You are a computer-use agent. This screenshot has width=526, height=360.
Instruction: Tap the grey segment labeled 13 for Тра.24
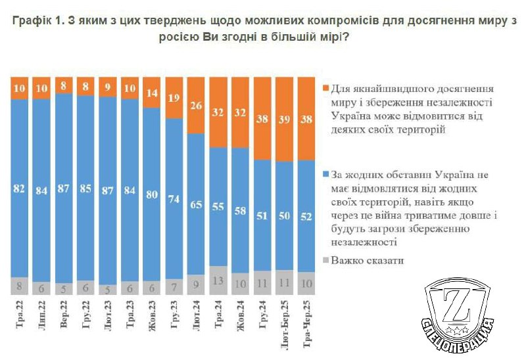pos(220,281)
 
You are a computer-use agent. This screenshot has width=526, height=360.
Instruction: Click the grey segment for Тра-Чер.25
pos(307,283)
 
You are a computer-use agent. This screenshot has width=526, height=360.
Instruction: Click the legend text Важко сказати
pos(368,261)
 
